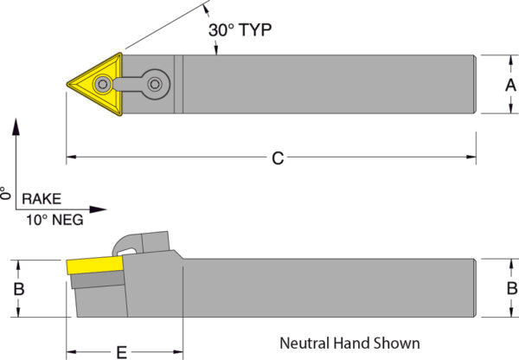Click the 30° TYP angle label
(x=240, y=29)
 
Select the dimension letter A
(x=509, y=84)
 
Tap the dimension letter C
(x=277, y=158)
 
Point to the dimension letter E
(x=122, y=350)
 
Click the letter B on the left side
(x=18, y=288)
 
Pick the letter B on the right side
(x=510, y=288)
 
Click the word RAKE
(x=41, y=197)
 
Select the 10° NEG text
(x=54, y=220)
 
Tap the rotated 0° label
(x=5, y=193)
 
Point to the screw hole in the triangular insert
(x=104, y=84)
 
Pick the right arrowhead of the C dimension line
(x=471, y=158)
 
